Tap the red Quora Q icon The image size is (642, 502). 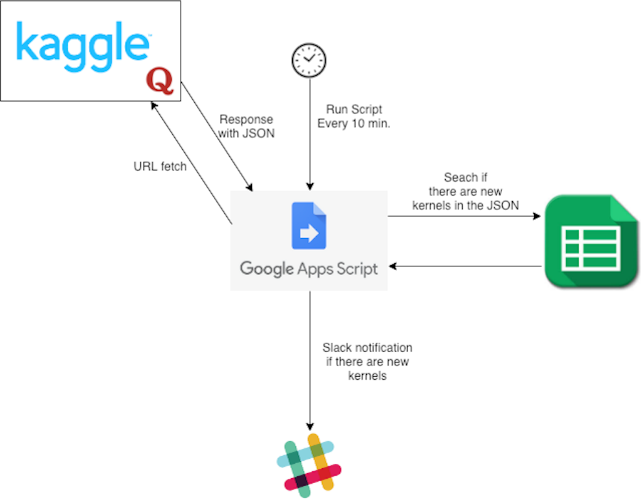coord(160,81)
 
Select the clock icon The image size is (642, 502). coord(309,60)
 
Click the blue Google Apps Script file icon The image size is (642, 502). coord(309,226)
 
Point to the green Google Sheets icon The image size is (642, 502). coord(591,241)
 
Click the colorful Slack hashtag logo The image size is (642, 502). coord(309,466)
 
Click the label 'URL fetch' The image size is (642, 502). coord(160,167)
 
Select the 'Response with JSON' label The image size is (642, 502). coord(246,127)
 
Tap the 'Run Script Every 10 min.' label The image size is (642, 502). coord(354,117)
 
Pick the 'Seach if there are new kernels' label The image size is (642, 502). coord(466,192)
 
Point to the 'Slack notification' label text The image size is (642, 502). coord(367,348)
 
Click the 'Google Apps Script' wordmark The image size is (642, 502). coord(308,269)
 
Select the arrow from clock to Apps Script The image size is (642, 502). coord(310,134)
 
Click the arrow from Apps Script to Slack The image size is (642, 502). coord(310,360)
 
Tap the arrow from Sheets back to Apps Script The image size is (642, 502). coord(465,266)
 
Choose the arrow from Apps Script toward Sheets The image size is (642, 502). coord(465,216)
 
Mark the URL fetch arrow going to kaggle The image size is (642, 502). coord(192,163)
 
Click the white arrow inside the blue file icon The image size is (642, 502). coord(309,233)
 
